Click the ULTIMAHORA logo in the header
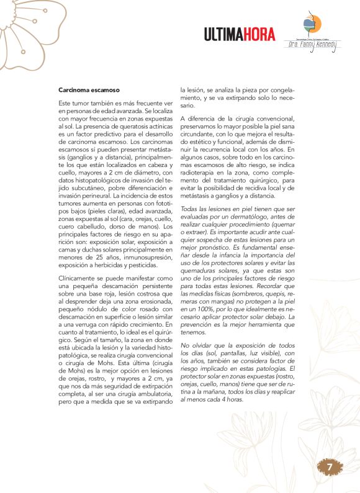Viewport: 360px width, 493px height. pyautogui.click(x=240, y=35)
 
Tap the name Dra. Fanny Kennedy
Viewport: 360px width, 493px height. pyautogui.click(x=312, y=45)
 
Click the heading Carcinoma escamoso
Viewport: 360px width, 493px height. pyautogui.click(x=84, y=89)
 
